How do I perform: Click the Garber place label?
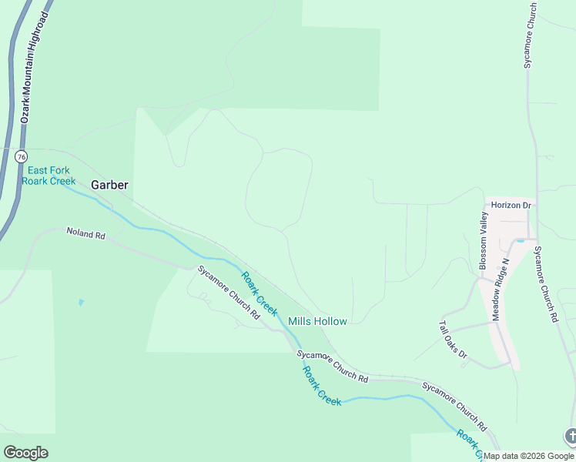pos(109,185)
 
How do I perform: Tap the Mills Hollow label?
pos(317,321)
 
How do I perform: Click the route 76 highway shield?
pos(21,156)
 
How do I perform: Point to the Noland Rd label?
pos(85,232)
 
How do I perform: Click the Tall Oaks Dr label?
pos(454,340)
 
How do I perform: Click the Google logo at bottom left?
pos(26,453)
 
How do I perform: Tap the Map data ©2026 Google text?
pos(529,456)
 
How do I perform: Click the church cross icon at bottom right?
pos(571,437)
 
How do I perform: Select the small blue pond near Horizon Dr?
pos(521,241)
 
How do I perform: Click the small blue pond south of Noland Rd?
pos(81,303)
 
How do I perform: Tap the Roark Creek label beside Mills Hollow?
pos(259,293)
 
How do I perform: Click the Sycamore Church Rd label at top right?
pos(530,35)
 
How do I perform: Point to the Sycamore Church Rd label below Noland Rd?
pos(229,293)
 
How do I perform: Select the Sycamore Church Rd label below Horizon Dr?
pos(544,284)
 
